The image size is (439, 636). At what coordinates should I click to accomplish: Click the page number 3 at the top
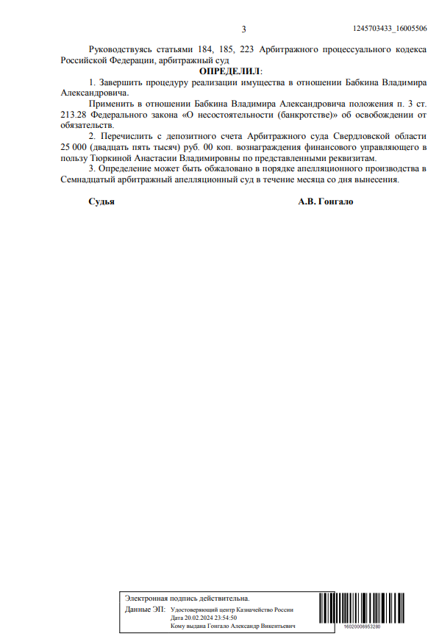(243, 29)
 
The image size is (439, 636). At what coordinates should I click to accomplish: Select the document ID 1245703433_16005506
(390, 28)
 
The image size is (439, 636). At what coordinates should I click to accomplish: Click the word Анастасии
(155, 159)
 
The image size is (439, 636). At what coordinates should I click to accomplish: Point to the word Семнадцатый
(90, 180)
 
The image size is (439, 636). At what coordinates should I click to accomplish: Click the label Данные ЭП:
(145, 610)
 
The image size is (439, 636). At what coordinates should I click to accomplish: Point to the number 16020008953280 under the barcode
(363, 627)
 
